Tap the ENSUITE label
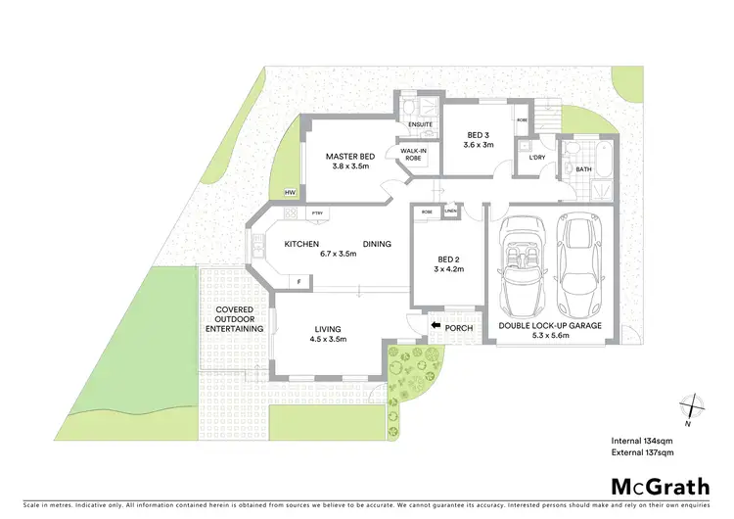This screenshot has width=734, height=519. pos(420,125)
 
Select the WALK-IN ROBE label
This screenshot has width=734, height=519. pos(413,154)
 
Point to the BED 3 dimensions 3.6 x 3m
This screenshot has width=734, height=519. pos(479,144)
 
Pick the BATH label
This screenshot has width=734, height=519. pos(583,169)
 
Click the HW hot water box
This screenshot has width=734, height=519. pos(290,193)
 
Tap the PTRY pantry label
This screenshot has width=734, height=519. pos(317,213)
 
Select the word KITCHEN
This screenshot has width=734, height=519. pos(303,244)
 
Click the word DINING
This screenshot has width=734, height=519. pos(377,244)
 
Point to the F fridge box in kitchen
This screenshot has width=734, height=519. pos(298,282)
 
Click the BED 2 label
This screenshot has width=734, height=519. pos(451,259)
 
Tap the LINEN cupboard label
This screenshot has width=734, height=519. pos(450,212)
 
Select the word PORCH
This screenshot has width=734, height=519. pos(459,327)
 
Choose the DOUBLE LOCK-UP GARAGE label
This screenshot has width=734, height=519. pos(550,326)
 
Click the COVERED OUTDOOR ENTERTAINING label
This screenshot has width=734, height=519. pos(235,319)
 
